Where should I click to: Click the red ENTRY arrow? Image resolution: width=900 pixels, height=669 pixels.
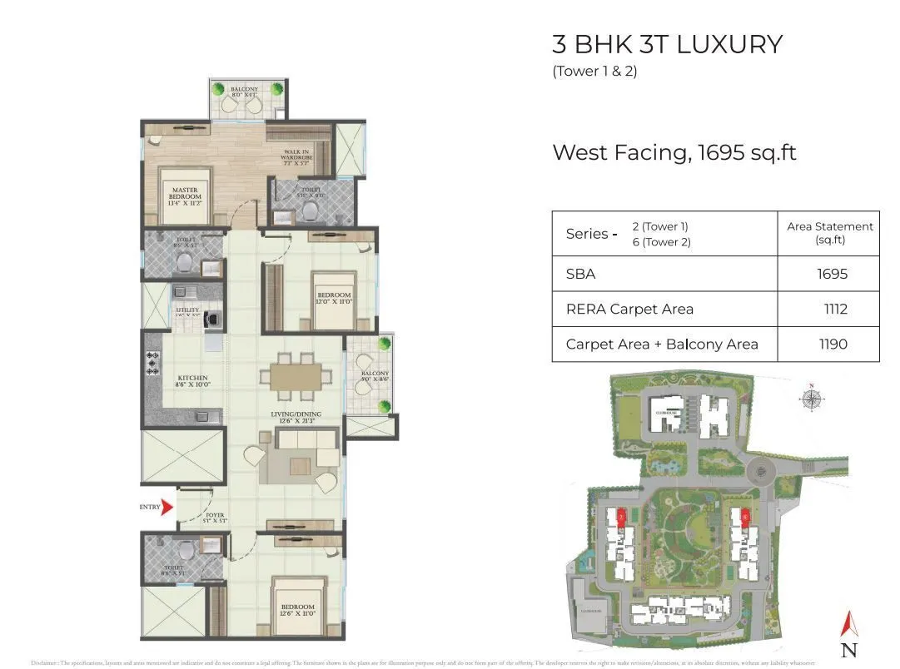pyautogui.click(x=167, y=507)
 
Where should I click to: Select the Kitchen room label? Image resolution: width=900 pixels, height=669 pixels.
pyautogui.click(x=191, y=381)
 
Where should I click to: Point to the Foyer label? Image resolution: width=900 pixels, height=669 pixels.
pyautogui.click(x=215, y=518)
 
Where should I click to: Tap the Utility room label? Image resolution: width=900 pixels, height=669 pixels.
pyautogui.click(x=188, y=312)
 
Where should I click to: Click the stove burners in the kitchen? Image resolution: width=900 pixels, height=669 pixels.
pyautogui.click(x=152, y=363)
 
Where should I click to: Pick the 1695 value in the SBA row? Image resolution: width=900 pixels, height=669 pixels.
pyautogui.click(x=832, y=274)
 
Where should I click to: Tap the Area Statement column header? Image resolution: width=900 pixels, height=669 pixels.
pyautogui.click(x=829, y=232)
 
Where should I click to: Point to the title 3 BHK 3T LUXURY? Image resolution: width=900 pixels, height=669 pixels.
pyautogui.click(x=668, y=44)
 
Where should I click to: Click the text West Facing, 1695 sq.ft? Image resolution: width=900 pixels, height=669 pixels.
pyautogui.click(x=674, y=152)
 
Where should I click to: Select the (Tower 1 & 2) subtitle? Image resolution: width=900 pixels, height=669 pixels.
pyautogui.click(x=594, y=72)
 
